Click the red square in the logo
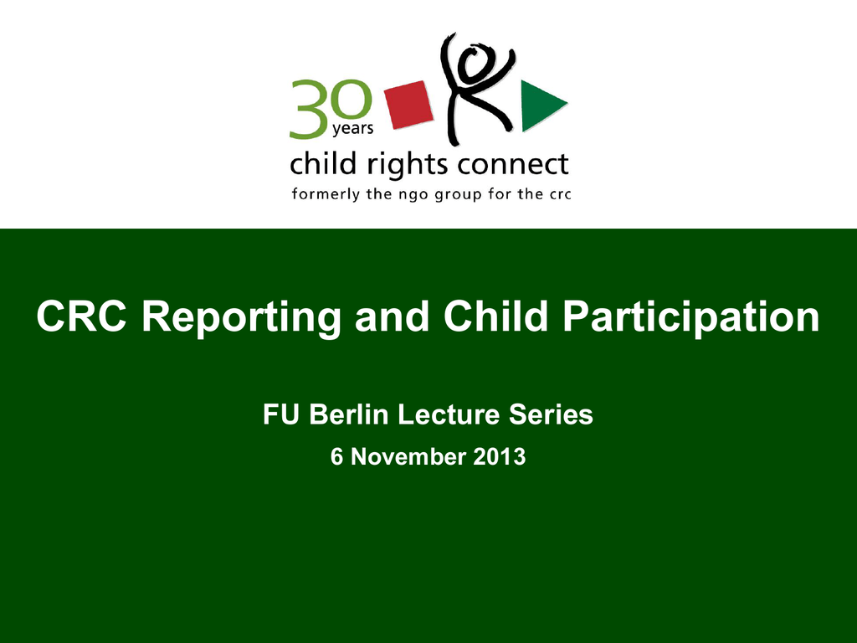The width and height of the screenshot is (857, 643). [x=408, y=105]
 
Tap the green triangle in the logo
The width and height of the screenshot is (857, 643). [x=541, y=105]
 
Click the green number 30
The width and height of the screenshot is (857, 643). [x=331, y=108]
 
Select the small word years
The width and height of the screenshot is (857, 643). [x=353, y=128]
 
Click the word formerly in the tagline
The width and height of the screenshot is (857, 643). [x=326, y=194]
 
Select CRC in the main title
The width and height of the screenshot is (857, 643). [x=81, y=316]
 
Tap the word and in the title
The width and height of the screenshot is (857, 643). [x=392, y=316]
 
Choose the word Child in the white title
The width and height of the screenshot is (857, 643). [x=495, y=316]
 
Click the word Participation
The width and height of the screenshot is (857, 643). [x=691, y=318]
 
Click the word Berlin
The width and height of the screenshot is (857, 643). [x=349, y=414]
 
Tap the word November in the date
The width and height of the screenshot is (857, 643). [x=408, y=457]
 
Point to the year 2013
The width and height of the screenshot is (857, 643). [x=500, y=457]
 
